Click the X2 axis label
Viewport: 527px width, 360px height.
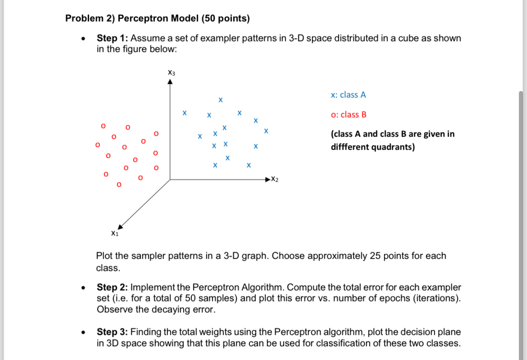point(275,180)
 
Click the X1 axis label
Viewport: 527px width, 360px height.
point(114,233)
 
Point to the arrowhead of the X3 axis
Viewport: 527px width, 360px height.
point(170,82)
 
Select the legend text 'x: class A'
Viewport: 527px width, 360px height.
point(348,95)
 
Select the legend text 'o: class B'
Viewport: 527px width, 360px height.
point(348,114)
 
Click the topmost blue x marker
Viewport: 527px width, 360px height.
point(220,99)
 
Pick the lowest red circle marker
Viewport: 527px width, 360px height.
point(119,184)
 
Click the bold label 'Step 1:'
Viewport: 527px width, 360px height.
point(112,38)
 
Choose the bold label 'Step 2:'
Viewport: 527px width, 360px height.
point(113,287)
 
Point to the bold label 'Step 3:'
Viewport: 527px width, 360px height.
point(113,332)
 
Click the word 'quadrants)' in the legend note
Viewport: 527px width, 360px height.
point(395,147)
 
